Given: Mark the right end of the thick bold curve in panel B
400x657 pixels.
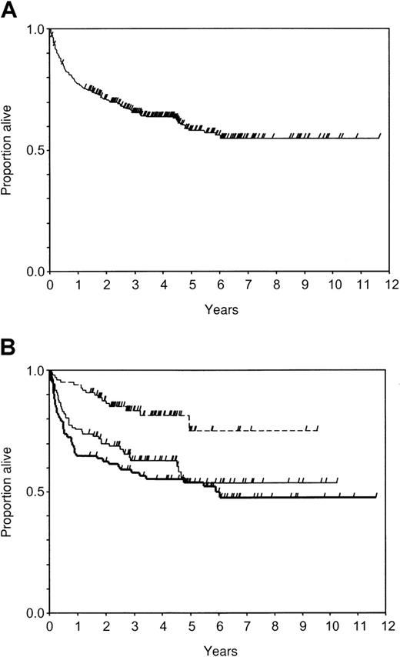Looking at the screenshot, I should pos(376,497).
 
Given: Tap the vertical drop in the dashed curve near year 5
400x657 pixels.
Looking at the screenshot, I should pos(189,422).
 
